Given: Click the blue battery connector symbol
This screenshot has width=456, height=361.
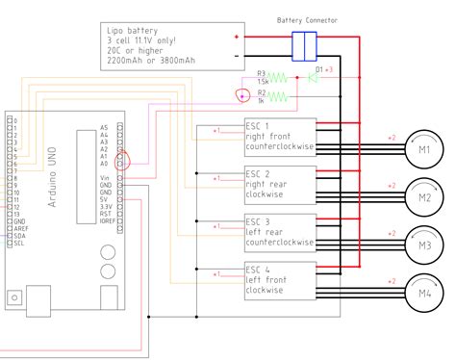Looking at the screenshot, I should pyautogui.click(x=304, y=45).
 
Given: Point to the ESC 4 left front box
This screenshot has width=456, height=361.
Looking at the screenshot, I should pyautogui.click(x=279, y=279).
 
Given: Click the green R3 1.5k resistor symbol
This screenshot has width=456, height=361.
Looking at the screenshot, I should pyautogui.click(x=277, y=75).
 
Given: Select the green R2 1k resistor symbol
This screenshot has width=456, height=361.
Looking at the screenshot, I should pyautogui.click(x=277, y=95).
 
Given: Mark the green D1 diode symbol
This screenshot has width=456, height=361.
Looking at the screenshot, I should pyautogui.click(x=313, y=74).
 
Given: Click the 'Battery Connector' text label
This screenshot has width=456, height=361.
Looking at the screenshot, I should pyautogui.click(x=307, y=18).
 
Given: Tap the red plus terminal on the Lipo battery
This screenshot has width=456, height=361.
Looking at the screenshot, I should pyautogui.click(x=237, y=37).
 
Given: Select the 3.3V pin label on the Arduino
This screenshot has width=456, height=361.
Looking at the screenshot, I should pyautogui.click(x=105, y=206).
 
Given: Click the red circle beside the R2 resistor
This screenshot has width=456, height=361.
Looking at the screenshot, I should pyautogui.click(x=243, y=94).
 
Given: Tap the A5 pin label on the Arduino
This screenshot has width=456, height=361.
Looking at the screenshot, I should pyautogui.click(x=105, y=127).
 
